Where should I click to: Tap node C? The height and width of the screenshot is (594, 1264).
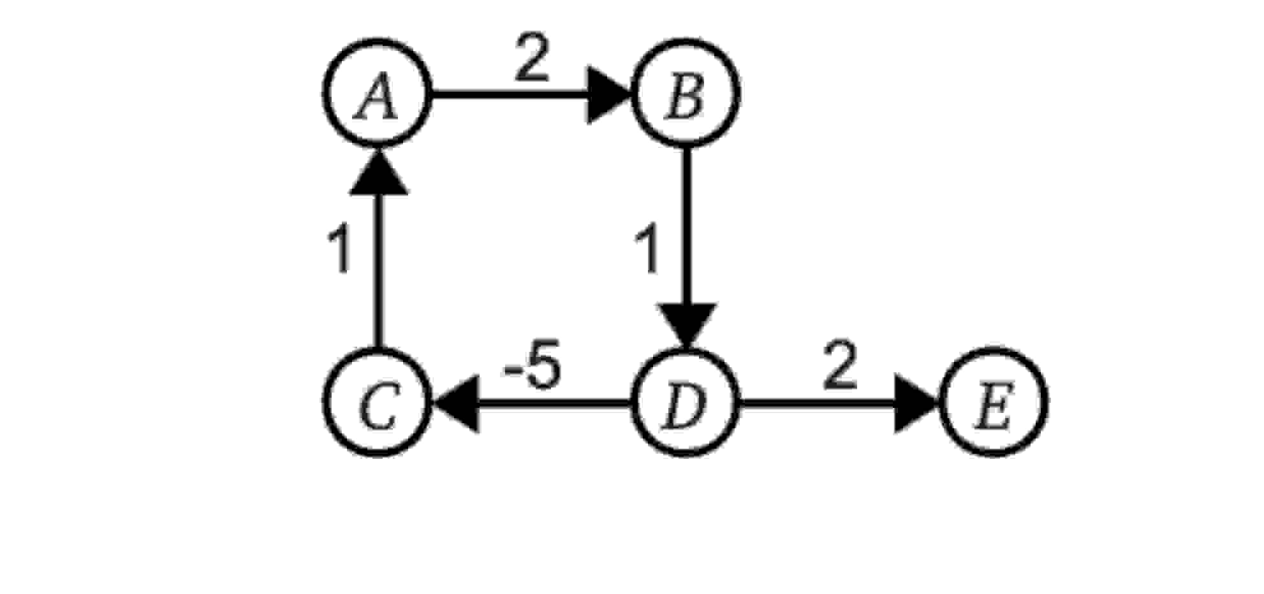(x=377, y=403)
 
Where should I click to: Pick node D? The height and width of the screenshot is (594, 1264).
(x=686, y=403)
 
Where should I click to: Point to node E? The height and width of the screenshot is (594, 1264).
(x=994, y=403)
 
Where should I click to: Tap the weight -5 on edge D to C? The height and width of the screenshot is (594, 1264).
(x=533, y=367)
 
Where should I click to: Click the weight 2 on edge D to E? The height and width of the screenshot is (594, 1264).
(x=840, y=367)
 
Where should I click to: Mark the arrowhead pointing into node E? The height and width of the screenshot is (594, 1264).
(x=916, y=403)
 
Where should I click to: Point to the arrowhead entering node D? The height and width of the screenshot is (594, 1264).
(x=687, y=325)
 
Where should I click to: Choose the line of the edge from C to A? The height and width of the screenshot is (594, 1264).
(x=378, y=268)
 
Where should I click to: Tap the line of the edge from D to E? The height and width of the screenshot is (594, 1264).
(x=816, y=403)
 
